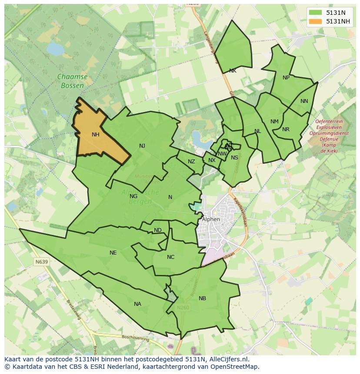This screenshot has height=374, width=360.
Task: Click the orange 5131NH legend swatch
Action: [x=316, y=21]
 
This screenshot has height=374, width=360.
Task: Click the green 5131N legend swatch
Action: [x=316, y=13]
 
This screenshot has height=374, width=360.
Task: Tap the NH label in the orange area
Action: [x=96, y=135]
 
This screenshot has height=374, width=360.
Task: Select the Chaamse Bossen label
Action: [x=72, y=81]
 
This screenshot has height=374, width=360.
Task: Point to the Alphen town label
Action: [x=211, y=219]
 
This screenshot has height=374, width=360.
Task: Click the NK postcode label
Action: [x=233, y=71]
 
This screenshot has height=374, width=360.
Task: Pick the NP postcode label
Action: [x=286, y=78]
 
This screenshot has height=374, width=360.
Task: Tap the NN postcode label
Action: [x=304, y=101]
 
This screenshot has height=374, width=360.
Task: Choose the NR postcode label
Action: [x=286, y=129]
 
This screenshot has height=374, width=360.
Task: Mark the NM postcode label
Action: [x=274, y=122]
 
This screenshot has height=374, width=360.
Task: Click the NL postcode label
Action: [x=258, y=131]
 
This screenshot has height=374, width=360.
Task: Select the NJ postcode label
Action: [x=142, y=146]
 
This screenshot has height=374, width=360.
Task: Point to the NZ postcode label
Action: [x=191, y=162]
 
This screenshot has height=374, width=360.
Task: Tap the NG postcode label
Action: [x=133, y=196]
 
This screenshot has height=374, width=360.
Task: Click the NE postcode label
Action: [x=113, y=253]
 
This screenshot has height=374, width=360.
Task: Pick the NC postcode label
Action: [x=170, y=257]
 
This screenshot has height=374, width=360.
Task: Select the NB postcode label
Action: [x=202, y=298]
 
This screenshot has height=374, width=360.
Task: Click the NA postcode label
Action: [x=137, y=304]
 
